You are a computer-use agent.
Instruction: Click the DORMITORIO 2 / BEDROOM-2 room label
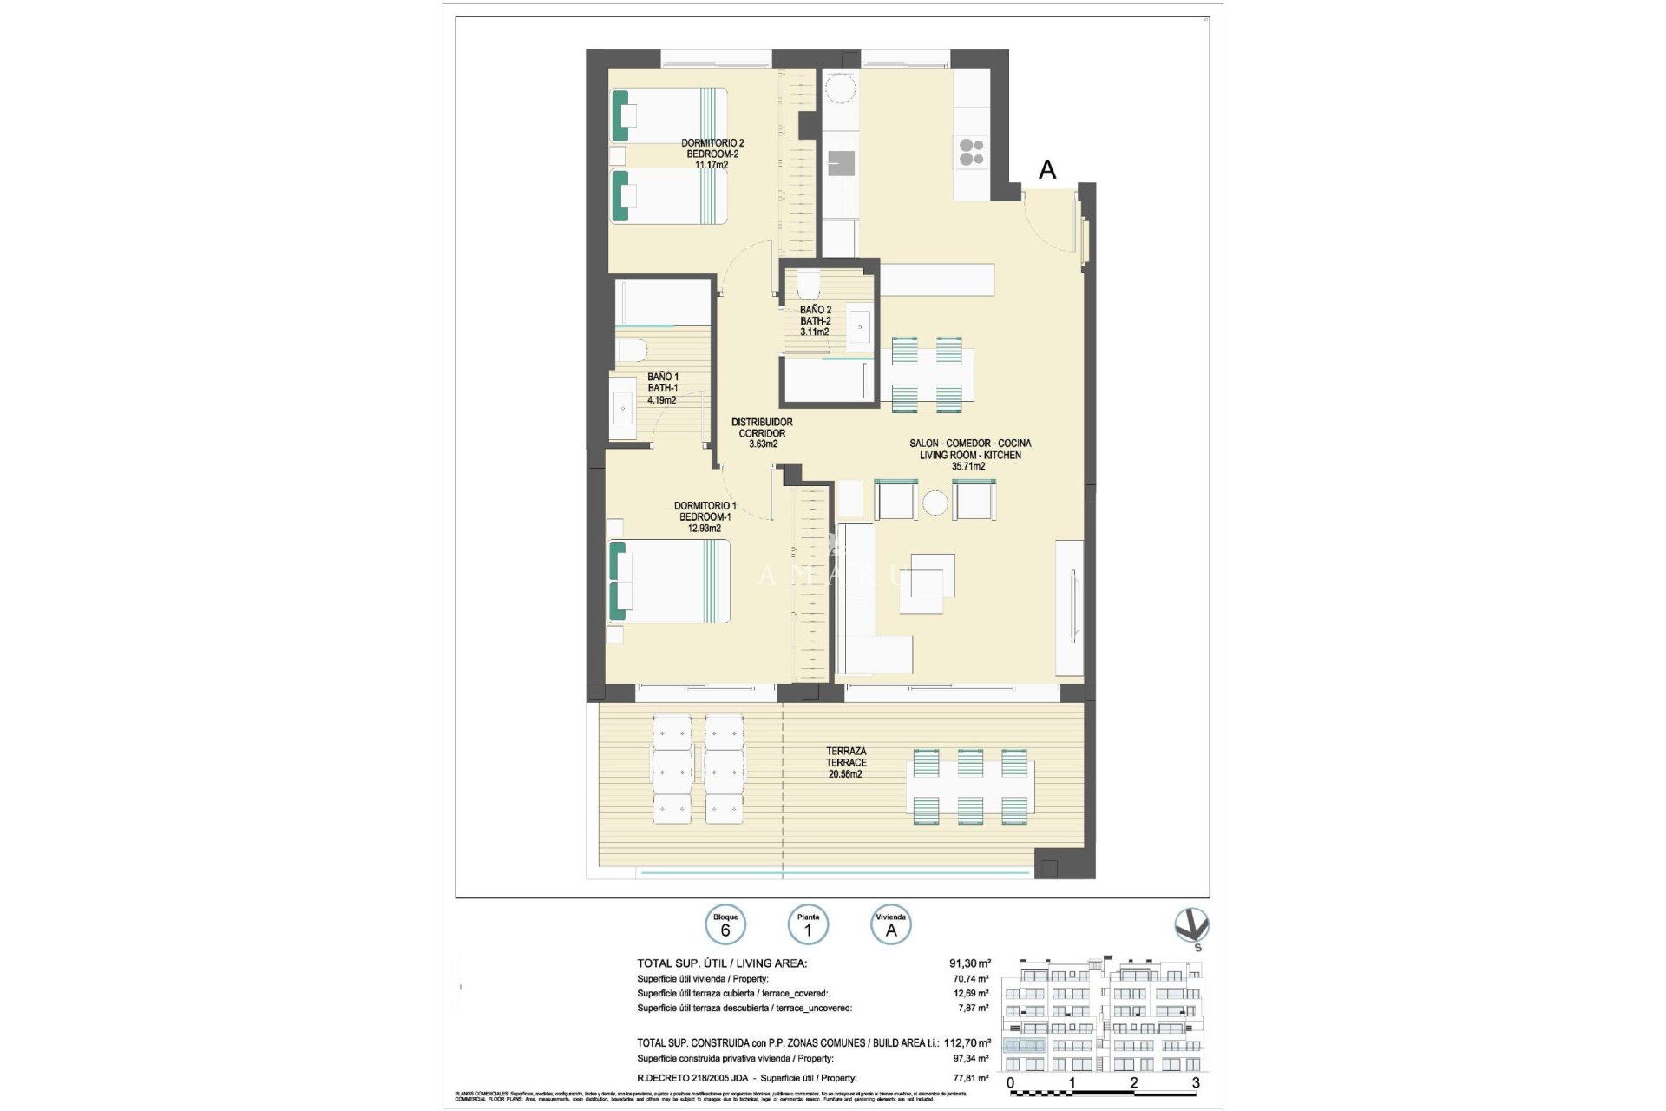(x=712, y=153)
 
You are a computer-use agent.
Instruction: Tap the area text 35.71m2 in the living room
(x=968, y=467)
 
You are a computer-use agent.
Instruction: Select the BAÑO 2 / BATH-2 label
(x=815, y=320)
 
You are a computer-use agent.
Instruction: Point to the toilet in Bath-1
(x=632, y=351)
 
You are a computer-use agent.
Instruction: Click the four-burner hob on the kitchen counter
(x=971, y=153)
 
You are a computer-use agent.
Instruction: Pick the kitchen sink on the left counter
(x=840, y=163)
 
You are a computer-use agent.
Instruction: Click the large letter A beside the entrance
(x=1047, y=170)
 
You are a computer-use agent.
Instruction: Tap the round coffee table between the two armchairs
(x=935, y=503)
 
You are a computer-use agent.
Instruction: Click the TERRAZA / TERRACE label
(x=845, y=762)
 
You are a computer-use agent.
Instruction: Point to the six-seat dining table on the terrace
(x=970, y=786)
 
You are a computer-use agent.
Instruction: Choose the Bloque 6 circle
(x=725, y=926)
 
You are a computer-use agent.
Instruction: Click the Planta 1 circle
(x=808, y=926)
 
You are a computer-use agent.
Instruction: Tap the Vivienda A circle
(x=890, y=926)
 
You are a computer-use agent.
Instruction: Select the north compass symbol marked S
(x=1191, y=927)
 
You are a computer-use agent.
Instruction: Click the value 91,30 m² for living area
(x=969, y=963)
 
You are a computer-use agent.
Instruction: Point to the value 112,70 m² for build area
(x=967, y=1042)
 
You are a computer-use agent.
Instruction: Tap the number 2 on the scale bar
(x=1134, y=1084)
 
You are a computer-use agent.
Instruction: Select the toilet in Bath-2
(x=808, y=284)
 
